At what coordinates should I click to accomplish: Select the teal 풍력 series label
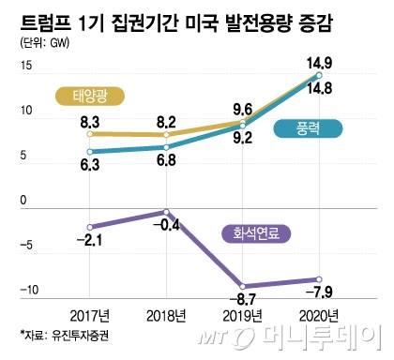click(307, 133)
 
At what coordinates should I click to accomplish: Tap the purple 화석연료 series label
click(255, 234)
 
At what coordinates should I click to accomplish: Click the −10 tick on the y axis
click(23, 290)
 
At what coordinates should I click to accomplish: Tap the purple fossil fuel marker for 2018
click(166, 212)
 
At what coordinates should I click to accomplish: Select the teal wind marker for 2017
click(89, 151)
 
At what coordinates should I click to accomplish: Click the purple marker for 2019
click(243, 285)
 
